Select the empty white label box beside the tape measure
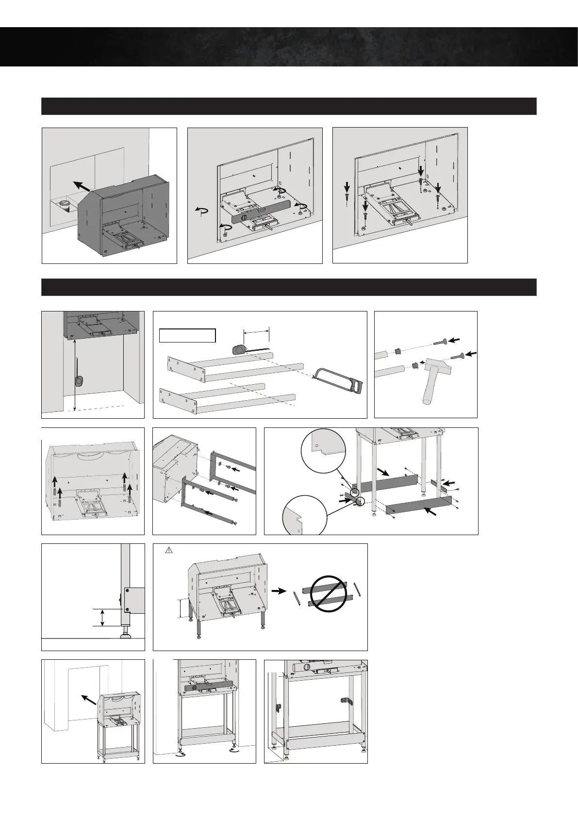187,335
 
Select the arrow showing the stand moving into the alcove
88,700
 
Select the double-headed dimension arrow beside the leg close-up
102,618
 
